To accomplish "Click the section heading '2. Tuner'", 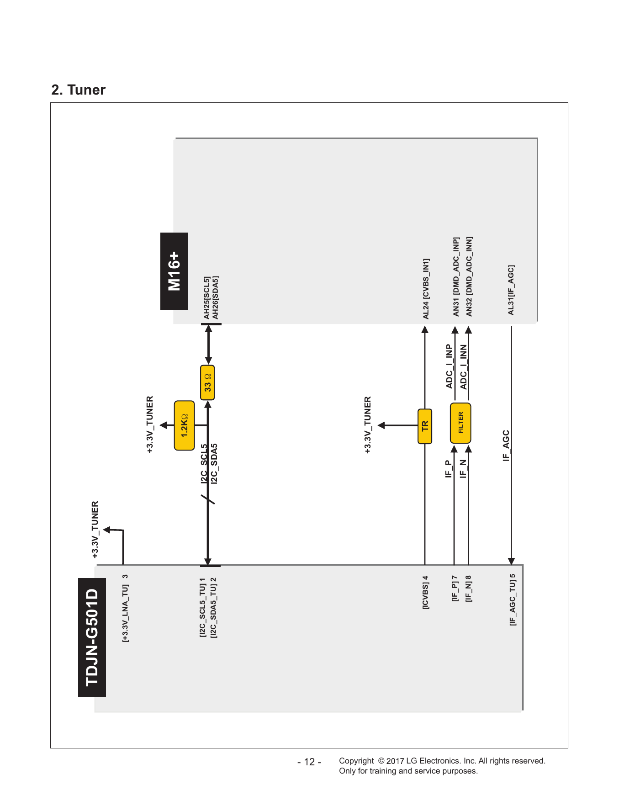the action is click(78, 90).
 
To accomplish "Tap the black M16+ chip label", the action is click(174, 271).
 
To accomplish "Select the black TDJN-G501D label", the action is click(92, 637).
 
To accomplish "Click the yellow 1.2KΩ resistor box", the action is click(185, 426).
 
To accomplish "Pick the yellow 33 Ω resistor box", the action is click(207, 382).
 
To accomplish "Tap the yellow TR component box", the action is click(425, 426).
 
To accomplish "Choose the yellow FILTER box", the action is click(460, 423).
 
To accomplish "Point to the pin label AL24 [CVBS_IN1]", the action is click(426, 289).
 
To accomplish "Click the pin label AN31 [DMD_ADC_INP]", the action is click(455, 276).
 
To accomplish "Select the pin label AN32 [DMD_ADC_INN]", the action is click(469, 276).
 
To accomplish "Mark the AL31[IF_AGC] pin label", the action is click(511, 290).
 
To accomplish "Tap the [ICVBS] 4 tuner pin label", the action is click(425, 593).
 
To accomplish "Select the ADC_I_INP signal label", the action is click(450, 366).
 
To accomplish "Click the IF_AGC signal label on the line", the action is click(506, 445).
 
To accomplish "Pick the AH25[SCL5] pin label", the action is click(207, 297).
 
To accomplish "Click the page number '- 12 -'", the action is click(309, 762).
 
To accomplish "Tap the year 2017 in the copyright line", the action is click(395, 761).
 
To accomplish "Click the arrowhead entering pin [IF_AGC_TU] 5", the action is click(511, 562).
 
